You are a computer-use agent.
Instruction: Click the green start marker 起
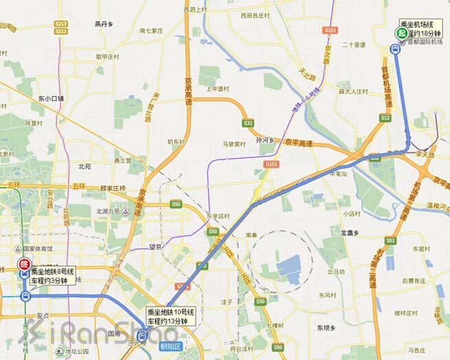(x=403, y=33)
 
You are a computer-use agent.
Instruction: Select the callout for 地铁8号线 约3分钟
(x=53, y=275)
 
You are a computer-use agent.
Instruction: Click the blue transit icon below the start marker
(x=395, y=48)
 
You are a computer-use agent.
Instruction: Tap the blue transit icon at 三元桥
(x=142, y=334)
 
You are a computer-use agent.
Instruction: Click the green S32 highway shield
(x=247, y=123)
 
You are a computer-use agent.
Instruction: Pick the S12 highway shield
(x=385, y=118)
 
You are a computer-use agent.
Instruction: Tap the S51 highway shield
(x=390, y=241)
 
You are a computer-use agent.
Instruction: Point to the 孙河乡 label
(x=264, y=140)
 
